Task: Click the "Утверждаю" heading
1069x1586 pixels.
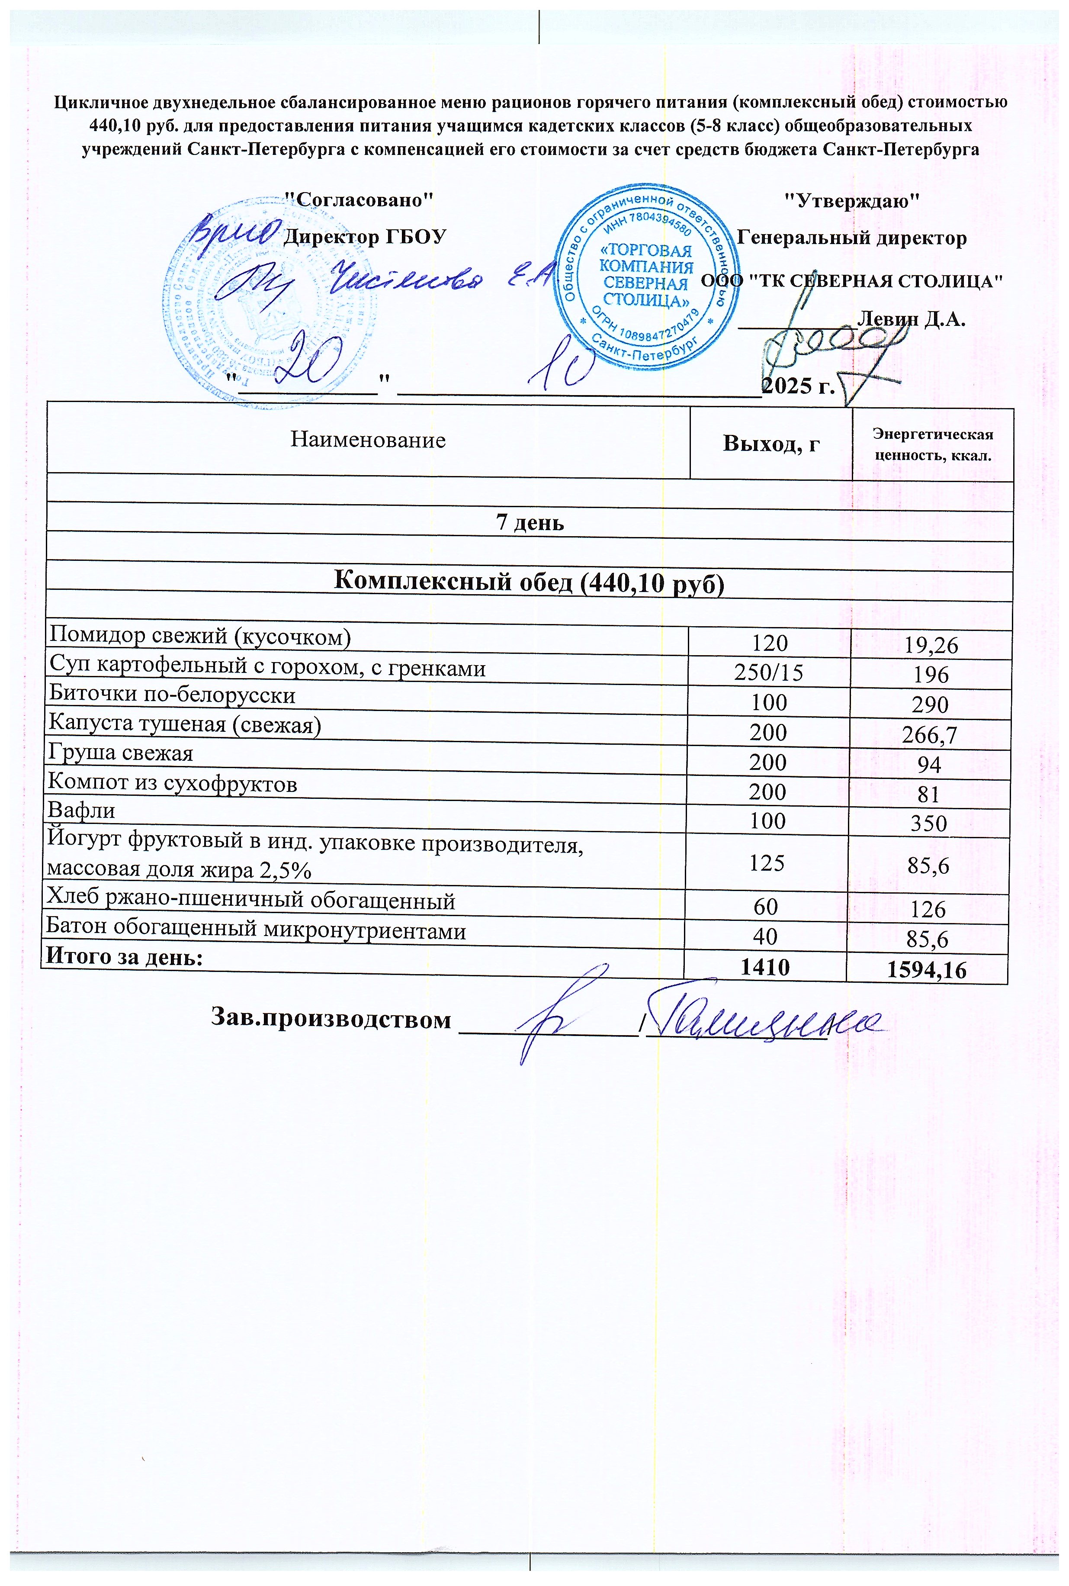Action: pos(852,201)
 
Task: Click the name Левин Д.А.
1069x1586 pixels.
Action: pos(911,319)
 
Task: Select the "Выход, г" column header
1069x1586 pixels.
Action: pos(771,444)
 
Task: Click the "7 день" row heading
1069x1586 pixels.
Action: pos(529,522)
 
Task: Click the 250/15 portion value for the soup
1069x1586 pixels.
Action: pos(768,672)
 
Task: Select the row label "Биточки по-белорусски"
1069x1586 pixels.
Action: pos(173,695)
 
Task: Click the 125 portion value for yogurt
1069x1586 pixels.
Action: pos(767,863)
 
